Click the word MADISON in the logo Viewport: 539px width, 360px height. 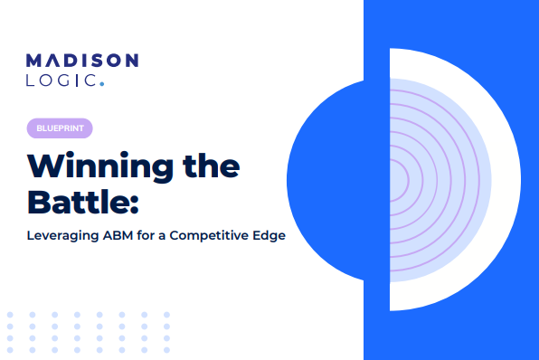pyautogui.click(x=82, y=62)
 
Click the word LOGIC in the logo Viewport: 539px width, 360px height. pyautogui.click(x=61, y=81)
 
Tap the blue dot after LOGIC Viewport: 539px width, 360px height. pyautogui.click(x=102, y=86)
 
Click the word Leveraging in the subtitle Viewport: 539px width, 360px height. pyautogui.click(x=64, y=235)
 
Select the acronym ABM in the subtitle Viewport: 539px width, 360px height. pyautogui.click(x=124, y=235)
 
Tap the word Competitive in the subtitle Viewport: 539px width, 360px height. pyautogui.click(x=215, y=235)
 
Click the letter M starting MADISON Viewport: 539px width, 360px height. pyautogui.click(x=33, y=62)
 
